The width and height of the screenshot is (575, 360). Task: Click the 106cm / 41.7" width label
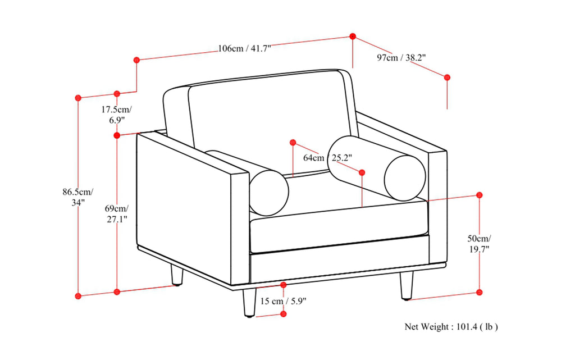pos(244,48)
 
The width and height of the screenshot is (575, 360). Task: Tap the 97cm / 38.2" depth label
pos(401,57)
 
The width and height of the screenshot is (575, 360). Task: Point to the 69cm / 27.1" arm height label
pos(117,213)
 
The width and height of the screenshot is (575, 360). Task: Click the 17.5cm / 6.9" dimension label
pos(117,114)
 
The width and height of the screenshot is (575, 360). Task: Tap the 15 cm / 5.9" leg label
pos(283,302)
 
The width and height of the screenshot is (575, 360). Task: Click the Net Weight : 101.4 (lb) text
pos(451,326)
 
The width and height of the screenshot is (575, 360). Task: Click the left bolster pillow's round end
pos(269,192)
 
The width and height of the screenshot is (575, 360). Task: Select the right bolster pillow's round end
pos(405,176)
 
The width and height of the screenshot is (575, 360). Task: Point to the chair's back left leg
pos(177,275)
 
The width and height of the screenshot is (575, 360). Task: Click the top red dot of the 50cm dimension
pos(480,195)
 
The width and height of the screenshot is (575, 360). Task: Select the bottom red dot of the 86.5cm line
pos(78,295)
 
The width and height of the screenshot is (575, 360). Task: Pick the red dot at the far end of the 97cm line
pos(447,77)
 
